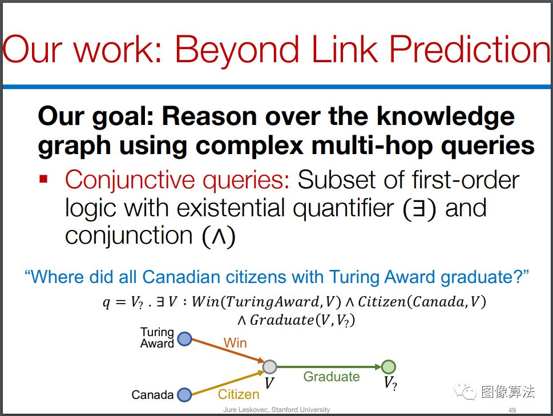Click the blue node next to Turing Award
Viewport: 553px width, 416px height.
(x=184, y=339)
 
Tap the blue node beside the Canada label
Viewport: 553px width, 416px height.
(x=184, y=395)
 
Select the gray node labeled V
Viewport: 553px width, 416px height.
(x=270, y=367)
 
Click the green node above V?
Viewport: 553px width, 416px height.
(x=388, y=367)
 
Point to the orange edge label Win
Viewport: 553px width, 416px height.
(x=235, y=342)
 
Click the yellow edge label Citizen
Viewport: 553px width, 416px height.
(x=239, y=394)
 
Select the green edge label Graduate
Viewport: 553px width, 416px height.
(x=332, y=377)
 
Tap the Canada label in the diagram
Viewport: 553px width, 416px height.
(x=152, y=395)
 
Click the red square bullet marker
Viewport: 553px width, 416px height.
(x=44, y=179)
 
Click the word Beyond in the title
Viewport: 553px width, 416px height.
(x=236, y=50)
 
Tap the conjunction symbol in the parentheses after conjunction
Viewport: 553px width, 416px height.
(x=219, y=236)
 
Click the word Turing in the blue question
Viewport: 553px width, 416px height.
(x=354, y=278)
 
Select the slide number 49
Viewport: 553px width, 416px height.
(x=512, y=410)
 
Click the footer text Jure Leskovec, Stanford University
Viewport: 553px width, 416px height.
(x=276, y=410)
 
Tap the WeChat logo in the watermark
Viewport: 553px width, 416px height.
(x=465, y=391)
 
